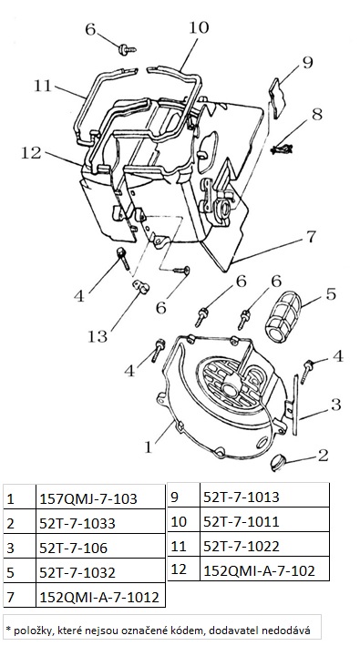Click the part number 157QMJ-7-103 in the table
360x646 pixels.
coord(88,499)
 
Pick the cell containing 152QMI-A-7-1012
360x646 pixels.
coord(100,597)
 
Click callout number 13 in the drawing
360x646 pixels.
coord(98,336)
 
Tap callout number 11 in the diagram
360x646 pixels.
coord(43,86)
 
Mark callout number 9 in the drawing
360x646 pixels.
coord(308,62)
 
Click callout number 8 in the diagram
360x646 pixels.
coord(317,114)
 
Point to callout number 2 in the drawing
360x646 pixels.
coord(324,455)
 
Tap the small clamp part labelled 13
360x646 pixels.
coord(141,286)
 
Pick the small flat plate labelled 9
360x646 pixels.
coord(276,98)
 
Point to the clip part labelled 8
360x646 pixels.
coord(282,149)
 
